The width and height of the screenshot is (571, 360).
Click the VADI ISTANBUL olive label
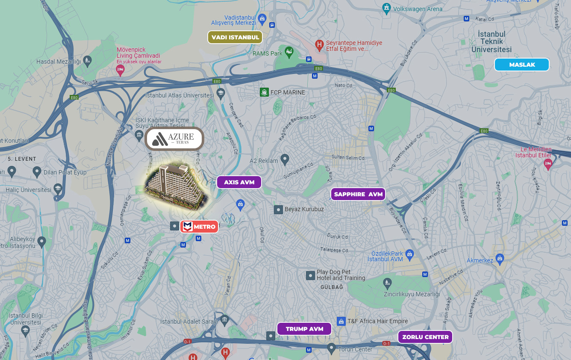coord(235,37)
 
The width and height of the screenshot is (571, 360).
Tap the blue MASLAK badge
coord(521,65)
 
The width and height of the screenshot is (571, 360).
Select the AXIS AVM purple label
coord(239,182)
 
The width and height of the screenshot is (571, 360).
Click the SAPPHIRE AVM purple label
coord(358,194)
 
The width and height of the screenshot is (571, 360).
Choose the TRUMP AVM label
coord(304,329)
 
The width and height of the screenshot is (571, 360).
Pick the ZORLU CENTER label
coord(425,337)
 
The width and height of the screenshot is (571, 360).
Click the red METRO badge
coord(199,227)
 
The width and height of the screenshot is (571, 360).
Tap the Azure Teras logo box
coord(174,139)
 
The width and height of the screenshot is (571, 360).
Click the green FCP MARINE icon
coord(264,92)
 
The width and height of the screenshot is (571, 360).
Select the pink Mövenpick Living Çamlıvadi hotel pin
coord(120,70)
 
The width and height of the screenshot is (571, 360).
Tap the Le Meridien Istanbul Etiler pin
coord(547,163)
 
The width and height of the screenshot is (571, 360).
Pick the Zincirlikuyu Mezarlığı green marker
coord(387,283)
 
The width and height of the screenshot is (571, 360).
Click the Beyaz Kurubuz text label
coord(304,209)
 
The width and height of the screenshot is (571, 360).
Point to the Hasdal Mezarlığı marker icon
coord(87,60)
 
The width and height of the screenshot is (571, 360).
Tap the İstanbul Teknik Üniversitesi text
coord(492,41)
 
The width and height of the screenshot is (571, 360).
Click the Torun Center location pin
coord(331,348)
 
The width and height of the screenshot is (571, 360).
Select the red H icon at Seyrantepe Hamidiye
coord(319,44)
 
